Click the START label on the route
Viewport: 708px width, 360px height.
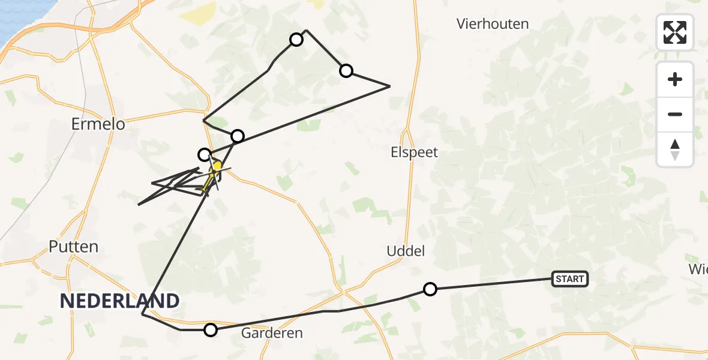click(569, 278)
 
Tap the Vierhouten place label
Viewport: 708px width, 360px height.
click(492, 24)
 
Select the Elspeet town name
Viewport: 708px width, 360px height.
click(414, 152)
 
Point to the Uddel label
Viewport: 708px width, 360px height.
click(406, 251)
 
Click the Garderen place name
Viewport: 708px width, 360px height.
click(272, 332)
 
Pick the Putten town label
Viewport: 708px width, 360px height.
click(74, 247)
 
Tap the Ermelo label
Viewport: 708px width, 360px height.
click(98, 124)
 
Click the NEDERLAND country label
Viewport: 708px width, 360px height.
click(119, 301)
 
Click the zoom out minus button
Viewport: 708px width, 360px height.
click(675, 114)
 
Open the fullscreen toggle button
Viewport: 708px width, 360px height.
click(675, 32)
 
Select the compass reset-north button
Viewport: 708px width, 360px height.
click(675, 149)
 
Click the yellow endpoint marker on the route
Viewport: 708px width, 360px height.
click(218, 166)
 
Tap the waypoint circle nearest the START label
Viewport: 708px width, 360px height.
click(430, 289)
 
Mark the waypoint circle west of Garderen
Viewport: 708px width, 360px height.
click(210, 329)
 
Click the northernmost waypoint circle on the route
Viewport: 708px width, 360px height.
click(296, 40)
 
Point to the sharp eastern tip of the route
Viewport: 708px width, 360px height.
click(390, 86)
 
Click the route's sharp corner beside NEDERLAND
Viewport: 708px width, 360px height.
click(142, 314)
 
